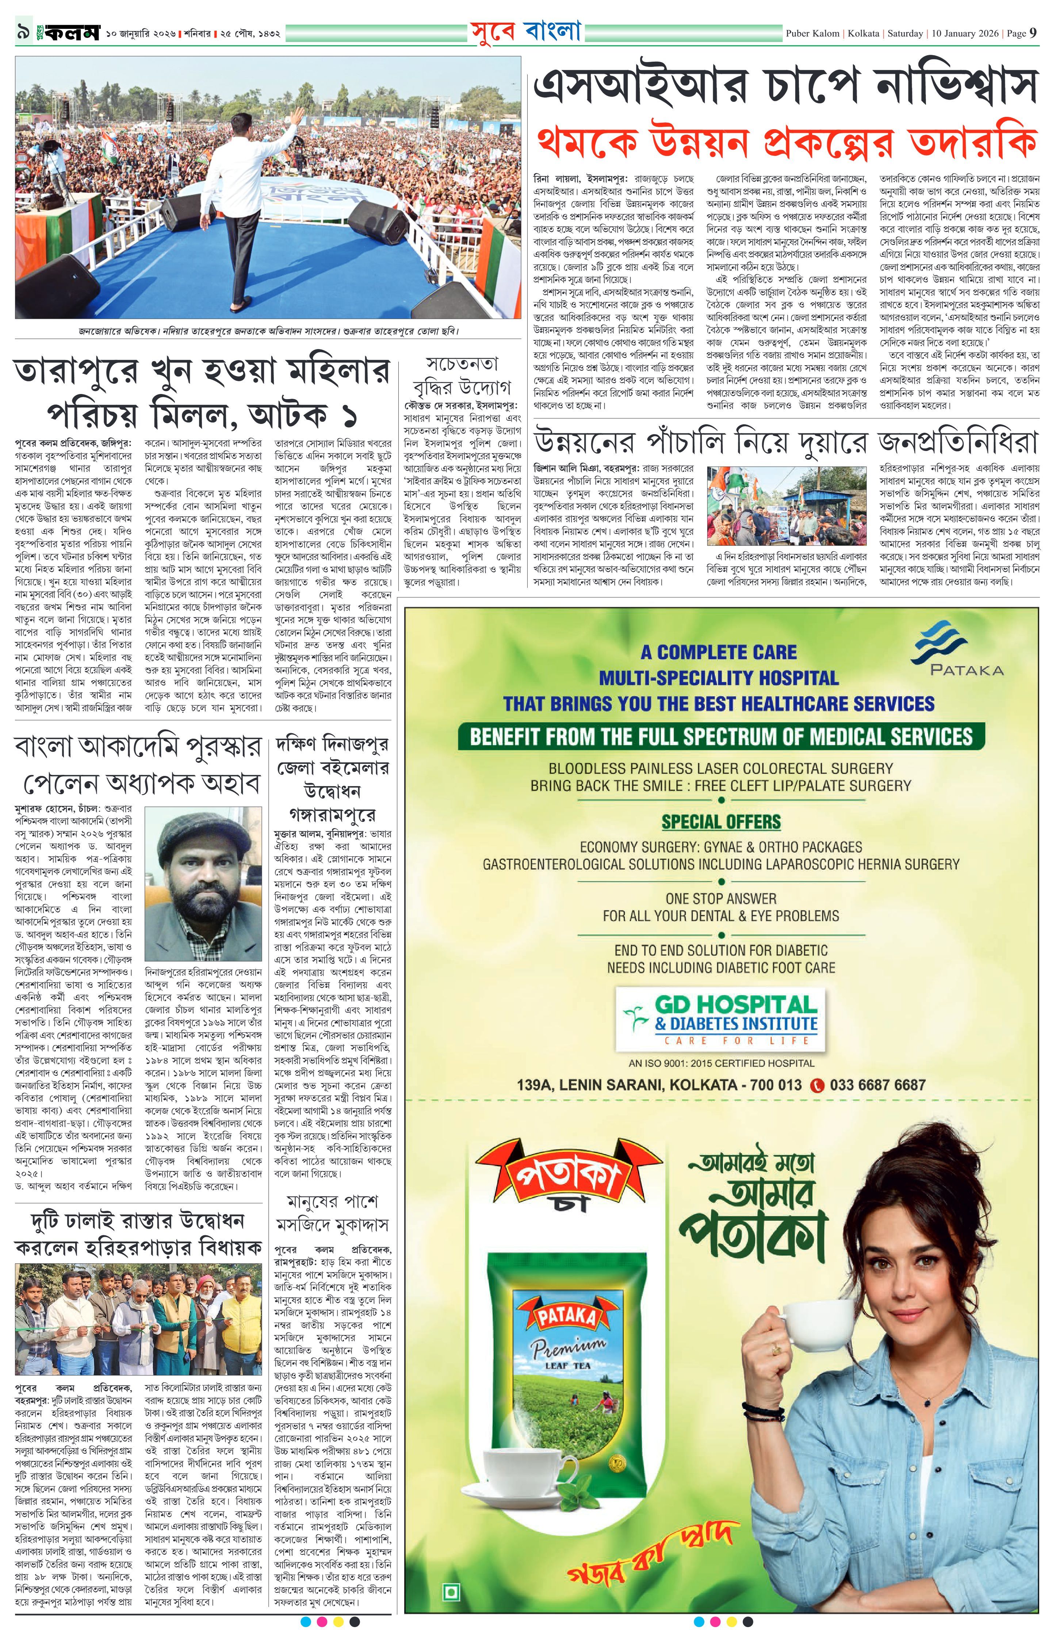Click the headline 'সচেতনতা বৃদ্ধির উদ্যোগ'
point(462,375)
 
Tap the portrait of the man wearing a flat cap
point(203,889)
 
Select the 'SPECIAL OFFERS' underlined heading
point(720,822)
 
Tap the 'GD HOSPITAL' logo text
point(736,1005)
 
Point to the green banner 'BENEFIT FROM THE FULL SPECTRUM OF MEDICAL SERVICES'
point(720,736)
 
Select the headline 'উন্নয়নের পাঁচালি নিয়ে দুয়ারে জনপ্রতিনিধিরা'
point(785,443)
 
